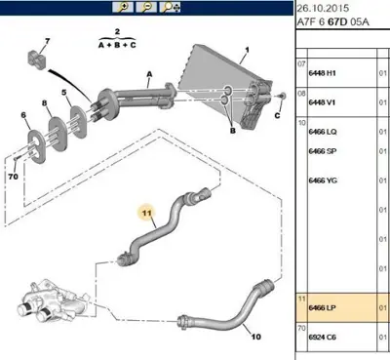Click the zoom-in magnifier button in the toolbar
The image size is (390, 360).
[123, 7]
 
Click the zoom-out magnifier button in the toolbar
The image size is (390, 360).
[146, 7]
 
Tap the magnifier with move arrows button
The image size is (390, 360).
[171, 7]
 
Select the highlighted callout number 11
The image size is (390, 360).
[147, 213]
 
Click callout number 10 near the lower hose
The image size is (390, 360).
[256, 337]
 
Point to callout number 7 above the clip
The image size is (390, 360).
[48, 41]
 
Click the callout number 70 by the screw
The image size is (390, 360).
[13, 177]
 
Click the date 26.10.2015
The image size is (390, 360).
[323, 8]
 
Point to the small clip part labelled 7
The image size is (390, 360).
[35, 60]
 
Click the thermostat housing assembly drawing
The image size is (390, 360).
[51, 300]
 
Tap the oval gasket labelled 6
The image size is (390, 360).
[36, 146]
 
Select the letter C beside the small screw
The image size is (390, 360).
[277, 115]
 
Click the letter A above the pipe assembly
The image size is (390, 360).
[149, 74]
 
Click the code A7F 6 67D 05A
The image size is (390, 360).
[333, 22]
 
